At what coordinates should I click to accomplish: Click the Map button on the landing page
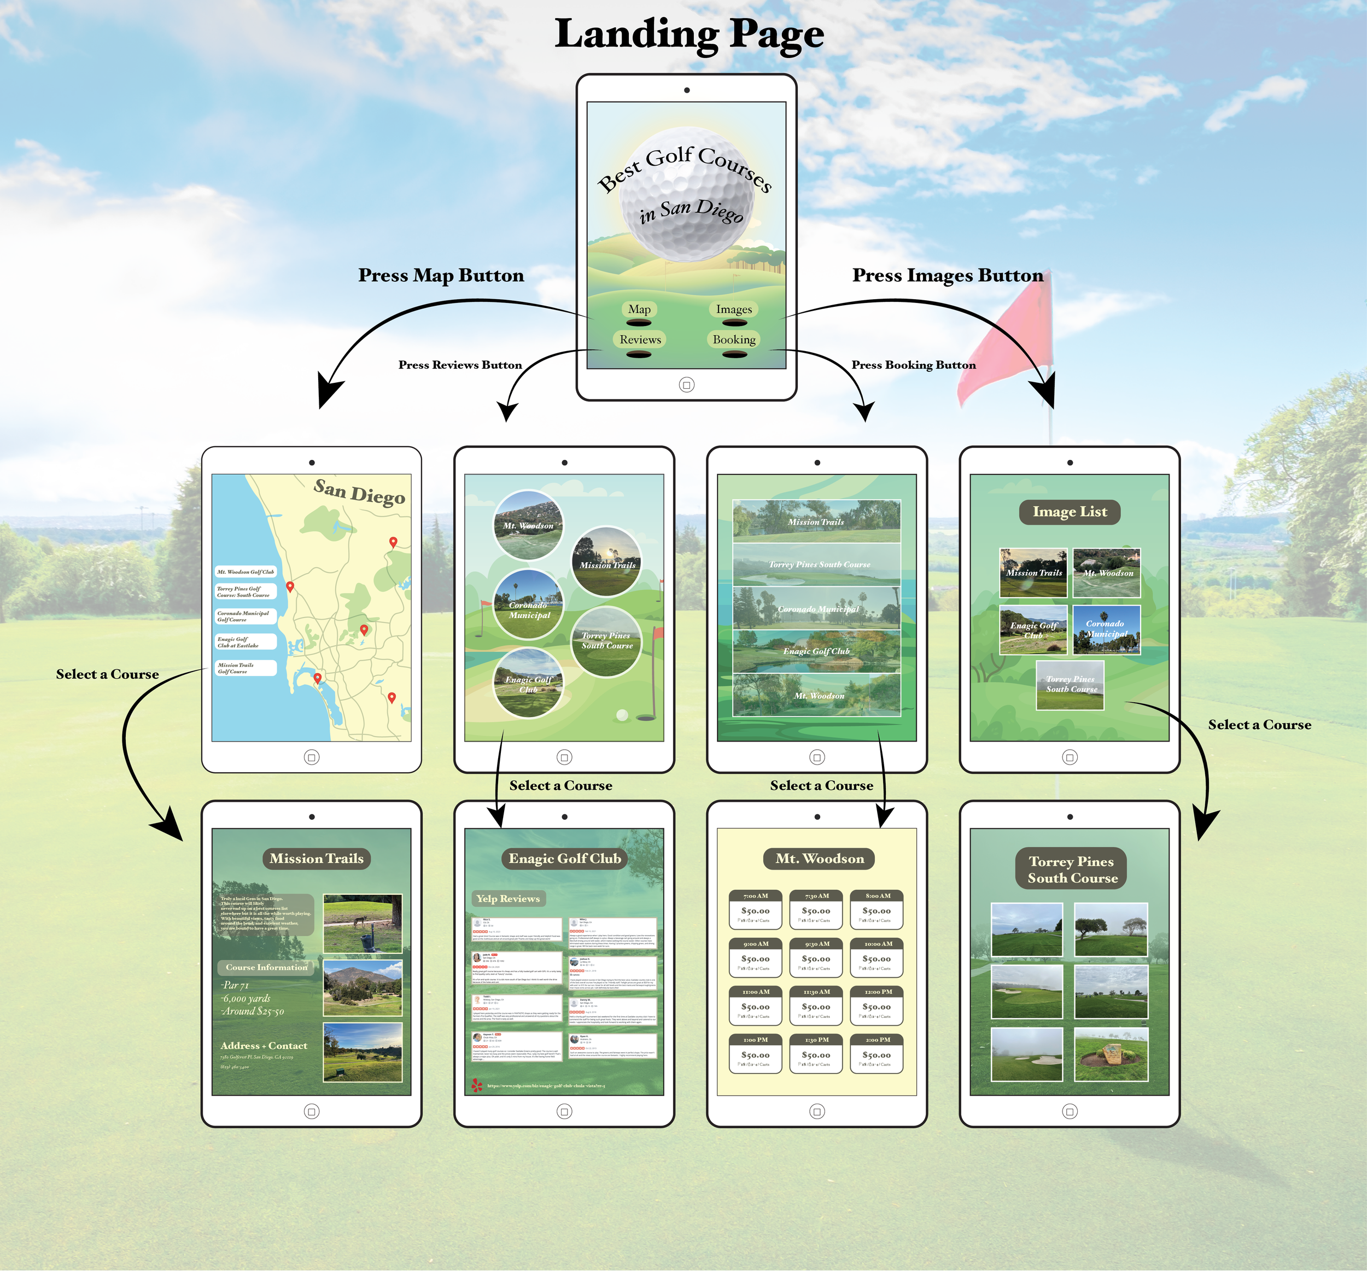639,310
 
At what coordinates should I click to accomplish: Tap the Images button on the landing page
734,310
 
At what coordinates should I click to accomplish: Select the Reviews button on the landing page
640,339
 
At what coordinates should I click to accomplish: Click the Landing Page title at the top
689,34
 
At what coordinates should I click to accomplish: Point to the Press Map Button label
441,275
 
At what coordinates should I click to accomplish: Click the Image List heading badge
1069,512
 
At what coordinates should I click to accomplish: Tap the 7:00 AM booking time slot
755,909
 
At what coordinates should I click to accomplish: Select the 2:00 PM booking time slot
877,1053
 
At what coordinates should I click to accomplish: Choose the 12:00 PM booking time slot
877,1005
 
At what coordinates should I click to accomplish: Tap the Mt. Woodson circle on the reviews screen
528,525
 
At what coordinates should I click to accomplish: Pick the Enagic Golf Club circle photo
528,684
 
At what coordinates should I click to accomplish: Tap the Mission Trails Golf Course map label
246,668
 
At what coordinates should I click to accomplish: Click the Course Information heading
267,967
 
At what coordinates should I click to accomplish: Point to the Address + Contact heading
264,1046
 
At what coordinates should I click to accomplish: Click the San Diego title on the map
359,492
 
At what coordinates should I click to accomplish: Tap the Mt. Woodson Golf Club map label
246,572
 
